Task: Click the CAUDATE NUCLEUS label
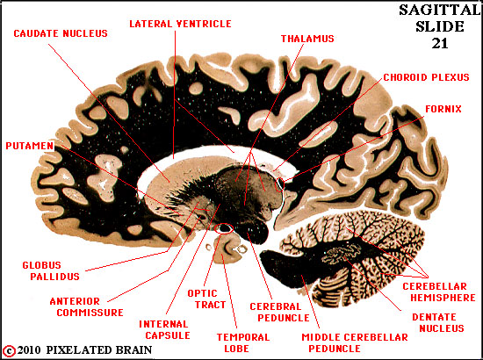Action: pyautogui.click(x=61, y=33)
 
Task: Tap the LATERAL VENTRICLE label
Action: pyautogui.click(x=180, y=24)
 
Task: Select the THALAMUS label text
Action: pyautogui.click(x=307, y=39)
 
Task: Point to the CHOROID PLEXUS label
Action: pyautogui.click(x=426, y=77)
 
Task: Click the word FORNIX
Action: pyautogui.click(x=443, y=109)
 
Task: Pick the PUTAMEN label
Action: pyautogui.click(x=30, y=146)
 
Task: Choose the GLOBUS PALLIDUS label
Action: pyautogui.click(x=51, y=270)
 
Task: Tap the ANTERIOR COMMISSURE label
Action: pyautogui.click(x=87, y=306)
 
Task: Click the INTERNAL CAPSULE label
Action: pyautogui.click(x=163, y=329)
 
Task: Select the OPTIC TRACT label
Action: pyautogui.click(x=206, y=299)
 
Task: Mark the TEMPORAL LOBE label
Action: pyautogui.click(x=243, y=342)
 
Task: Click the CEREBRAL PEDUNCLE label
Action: pyautogui.click(x=279, y=312)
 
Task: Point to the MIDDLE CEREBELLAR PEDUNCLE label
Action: pyautogui.click(x=355, y=342)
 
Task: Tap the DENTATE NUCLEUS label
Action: pyautogui.click(x=438, y=322)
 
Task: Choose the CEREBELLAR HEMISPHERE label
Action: pyautogui.click(x=439, y=292)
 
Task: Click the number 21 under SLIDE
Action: pyautogui.click(x=440, y=44)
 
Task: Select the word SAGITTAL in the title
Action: pyautogui.click(x=440, y=11)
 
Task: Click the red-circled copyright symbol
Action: pyautogui.click(x=11, y=350)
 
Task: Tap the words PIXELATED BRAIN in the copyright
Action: pyautogui.click(x=99, y=350)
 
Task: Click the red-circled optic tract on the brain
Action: pyautogui.click(x=224, y=228)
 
